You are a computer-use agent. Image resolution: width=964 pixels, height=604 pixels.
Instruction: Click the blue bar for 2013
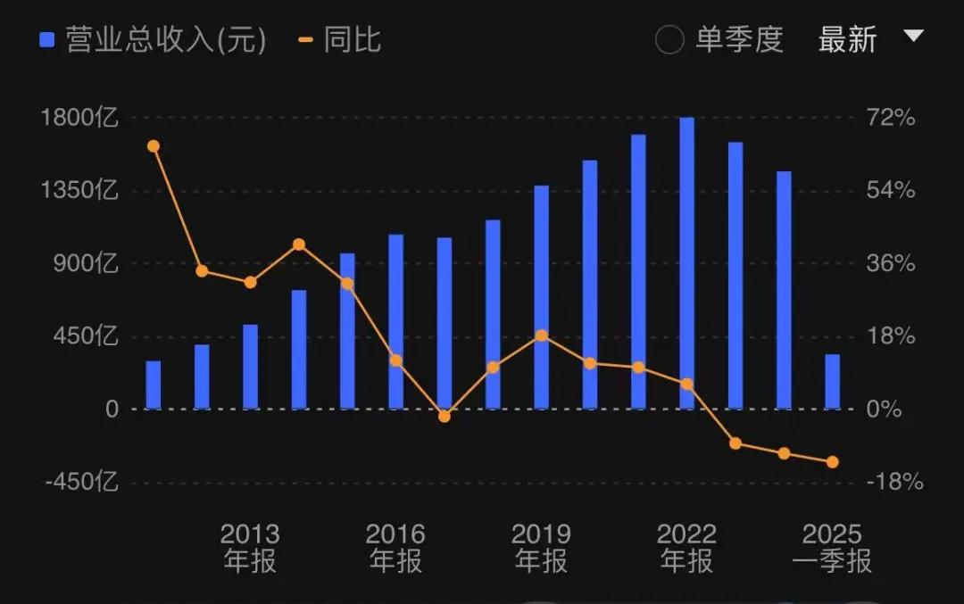[x=251, y=367]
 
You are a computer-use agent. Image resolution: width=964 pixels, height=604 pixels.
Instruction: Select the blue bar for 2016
[x=396, y=322]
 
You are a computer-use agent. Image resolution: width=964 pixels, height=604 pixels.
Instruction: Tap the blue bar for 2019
[x=542, y=298]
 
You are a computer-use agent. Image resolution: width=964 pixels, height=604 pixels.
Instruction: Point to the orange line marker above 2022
[x=686, y=384]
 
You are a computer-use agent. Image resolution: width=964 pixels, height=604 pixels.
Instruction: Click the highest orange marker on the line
[x=154, y=146]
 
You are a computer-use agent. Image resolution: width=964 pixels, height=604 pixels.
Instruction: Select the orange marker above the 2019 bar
[x=542, y=335]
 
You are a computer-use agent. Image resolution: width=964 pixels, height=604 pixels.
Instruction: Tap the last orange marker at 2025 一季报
[x=832, y=461]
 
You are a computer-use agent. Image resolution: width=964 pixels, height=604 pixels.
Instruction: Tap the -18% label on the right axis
[x=893, y=483]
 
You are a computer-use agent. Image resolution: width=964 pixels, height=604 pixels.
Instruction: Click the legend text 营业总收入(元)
[x=166, y=41]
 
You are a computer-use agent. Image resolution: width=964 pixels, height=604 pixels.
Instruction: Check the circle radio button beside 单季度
[x=669, y=41]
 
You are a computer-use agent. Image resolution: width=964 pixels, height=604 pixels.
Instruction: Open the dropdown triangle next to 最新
[x=912, y=36]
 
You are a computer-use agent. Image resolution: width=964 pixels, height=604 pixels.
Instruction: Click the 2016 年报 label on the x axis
[x=396, y=547]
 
